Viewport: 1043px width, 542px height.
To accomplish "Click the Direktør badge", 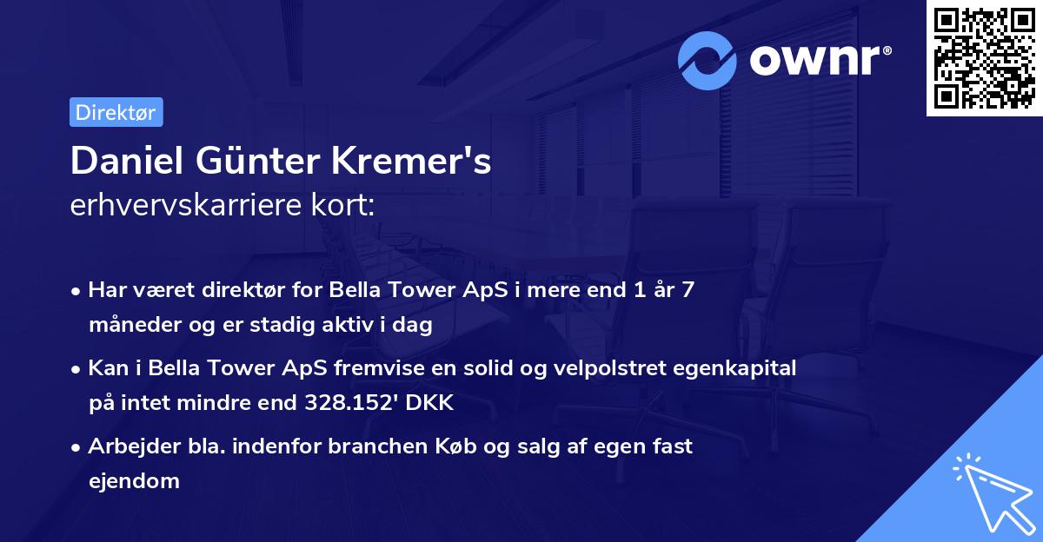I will click(x=116, y=113).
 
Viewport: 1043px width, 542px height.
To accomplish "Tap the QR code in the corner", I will click(x=985, y=58).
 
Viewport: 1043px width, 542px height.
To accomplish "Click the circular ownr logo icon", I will click(x=708, y=60).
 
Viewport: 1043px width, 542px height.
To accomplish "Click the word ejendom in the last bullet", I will click(x=134, y=481).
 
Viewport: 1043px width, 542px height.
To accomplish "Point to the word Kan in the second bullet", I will click(x=105, y=368).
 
